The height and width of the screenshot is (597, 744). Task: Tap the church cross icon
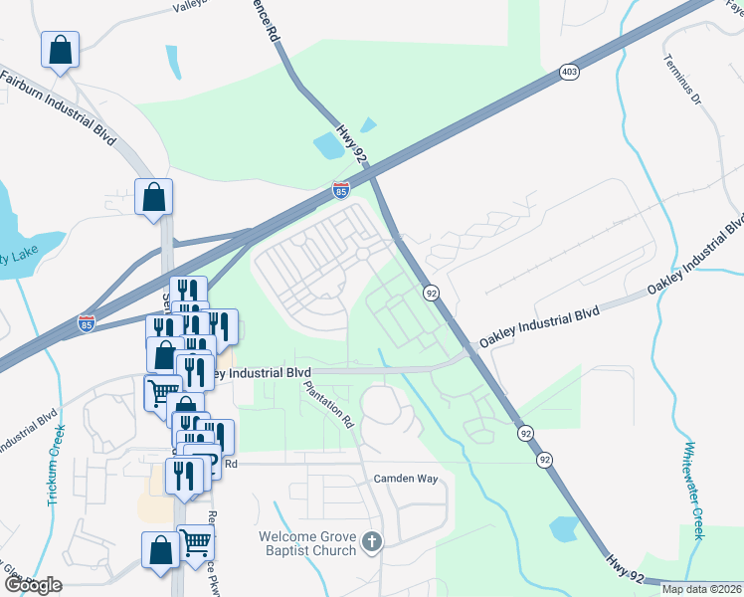coord(372,542)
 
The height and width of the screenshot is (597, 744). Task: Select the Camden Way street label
coord(406,479)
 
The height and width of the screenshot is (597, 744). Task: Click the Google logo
coord(33,585)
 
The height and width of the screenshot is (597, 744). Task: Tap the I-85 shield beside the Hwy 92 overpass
coord(341,188)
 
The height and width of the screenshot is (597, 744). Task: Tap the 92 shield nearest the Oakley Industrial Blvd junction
coord(431,293)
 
